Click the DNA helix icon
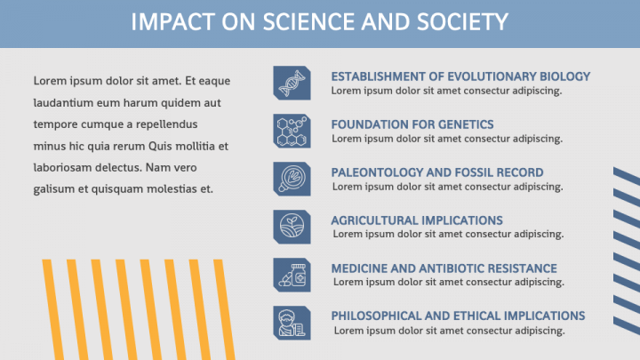pos(292,83)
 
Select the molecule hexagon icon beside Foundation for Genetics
pos(292,131)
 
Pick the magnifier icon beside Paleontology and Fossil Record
pos(292,179)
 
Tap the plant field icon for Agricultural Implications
pos(292,227)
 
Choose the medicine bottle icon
pos(292,275)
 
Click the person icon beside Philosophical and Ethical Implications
pos(292,323)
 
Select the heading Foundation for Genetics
pos(412,124)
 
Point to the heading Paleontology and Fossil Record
pos(436,172)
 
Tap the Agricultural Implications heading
pos(417,220)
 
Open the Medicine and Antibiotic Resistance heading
pos(444,268)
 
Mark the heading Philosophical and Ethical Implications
pos(458,316)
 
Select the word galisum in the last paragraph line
pos(53,188)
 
